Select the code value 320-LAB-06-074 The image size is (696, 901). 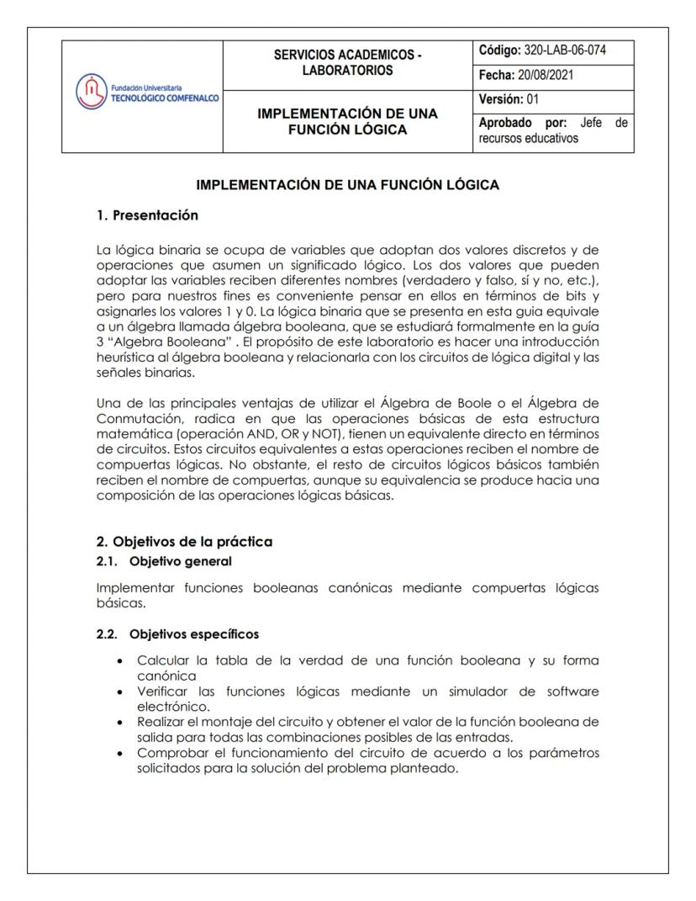(565, 50)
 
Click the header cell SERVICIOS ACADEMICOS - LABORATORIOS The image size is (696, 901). (348, 63)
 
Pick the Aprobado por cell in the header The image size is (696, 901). (552, 131)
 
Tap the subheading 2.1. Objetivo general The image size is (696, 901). (163, 559)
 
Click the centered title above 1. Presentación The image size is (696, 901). (347, 185)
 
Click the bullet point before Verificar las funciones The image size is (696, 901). (124, 692)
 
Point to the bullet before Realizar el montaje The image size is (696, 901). (124, 722)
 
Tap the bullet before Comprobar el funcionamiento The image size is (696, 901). (124, 752)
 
